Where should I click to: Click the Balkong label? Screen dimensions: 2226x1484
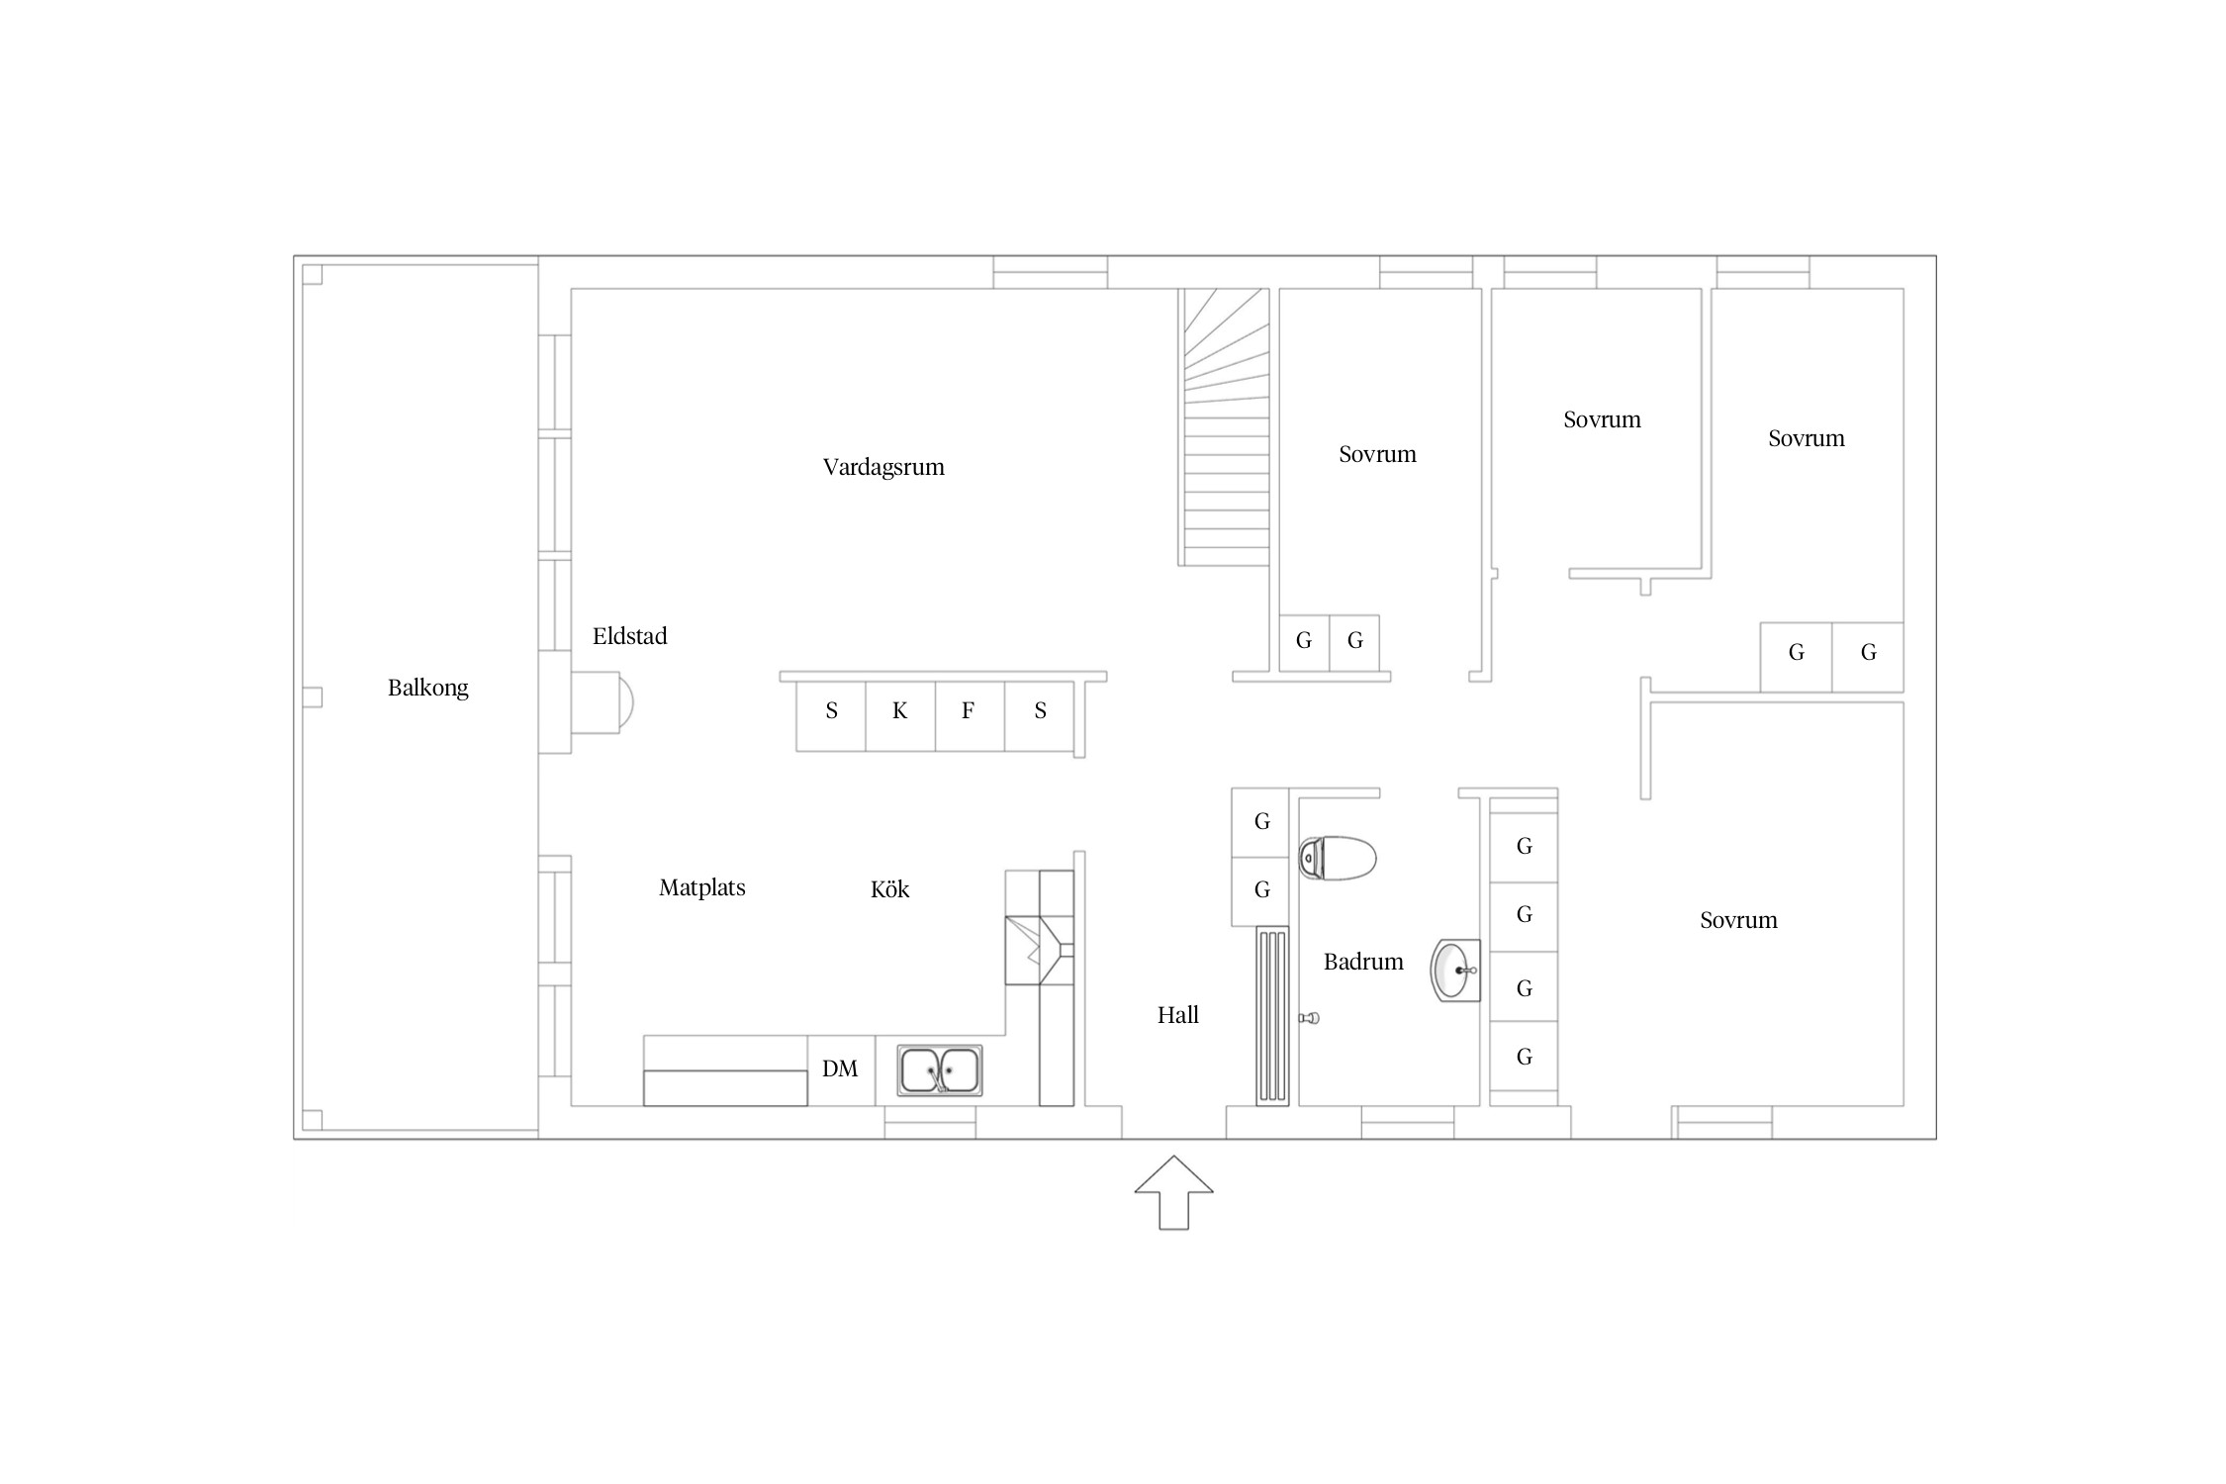(427, 688)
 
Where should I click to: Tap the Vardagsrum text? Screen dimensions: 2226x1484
(883, 467)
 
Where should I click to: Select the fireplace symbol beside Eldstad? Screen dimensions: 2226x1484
(602, 702)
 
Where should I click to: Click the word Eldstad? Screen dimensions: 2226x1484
(629, 636)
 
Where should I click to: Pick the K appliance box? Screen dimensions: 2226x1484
(900, 715)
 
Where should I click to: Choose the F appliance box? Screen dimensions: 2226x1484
(970, 715)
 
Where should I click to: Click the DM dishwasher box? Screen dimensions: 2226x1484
(841, 1069)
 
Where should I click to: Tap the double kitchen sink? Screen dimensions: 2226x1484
(940, 1070)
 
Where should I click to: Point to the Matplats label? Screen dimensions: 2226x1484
(702, 887)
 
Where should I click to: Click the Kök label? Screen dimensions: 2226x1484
(889, 889)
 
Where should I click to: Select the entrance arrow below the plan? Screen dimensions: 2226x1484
(1173, 1192)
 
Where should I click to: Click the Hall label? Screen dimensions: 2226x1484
(1178, 1015)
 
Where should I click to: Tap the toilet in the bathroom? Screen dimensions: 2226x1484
(1338, 858)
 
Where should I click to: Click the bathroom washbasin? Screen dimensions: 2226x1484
(1455, 971)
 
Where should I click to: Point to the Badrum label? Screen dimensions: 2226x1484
(1363, 962)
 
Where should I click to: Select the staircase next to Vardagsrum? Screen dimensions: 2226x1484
(1224, 426)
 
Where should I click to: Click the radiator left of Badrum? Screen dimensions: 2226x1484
(1272, 1015)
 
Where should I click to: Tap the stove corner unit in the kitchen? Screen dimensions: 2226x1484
(1039, 951)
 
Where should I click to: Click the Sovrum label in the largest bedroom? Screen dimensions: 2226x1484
(1738, 921)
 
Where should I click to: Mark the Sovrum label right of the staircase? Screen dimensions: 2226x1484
(1377, 454)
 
